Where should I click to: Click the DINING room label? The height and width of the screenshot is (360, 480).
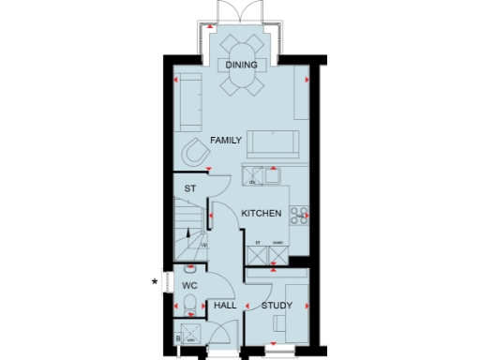coord(242,65)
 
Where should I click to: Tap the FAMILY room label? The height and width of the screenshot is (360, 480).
coord(226,140)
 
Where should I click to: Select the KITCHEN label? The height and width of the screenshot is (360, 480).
coord(262,215)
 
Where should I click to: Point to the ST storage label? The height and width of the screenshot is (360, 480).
coord(189,188)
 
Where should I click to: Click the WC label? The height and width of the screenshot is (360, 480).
coord(188,283)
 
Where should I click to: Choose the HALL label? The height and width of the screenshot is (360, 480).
coord(224,306)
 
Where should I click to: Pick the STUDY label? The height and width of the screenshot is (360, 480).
coord(277,306)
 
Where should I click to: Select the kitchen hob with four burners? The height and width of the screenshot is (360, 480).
coord(300,216)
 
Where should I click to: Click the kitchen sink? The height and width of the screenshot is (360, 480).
coord(273,173)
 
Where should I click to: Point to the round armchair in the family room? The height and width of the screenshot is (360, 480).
coord(196,152)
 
